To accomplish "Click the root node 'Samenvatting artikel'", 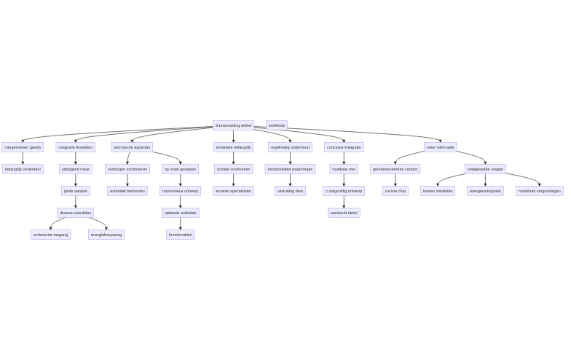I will (x=233, y=125).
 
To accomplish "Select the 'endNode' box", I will (x=277, y=125).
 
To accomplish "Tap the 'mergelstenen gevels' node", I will (x=23, y=147).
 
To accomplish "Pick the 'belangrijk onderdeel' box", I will (x=23, y=169).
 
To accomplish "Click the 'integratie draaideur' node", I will (x=76, y=147).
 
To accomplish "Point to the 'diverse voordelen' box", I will (x=76, y=213).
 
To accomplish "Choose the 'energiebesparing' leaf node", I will (x=106, y=235).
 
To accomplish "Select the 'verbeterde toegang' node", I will (x=50, y=235).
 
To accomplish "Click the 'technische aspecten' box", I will (x=132, y=147).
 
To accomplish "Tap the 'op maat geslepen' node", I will (x=180, y=169).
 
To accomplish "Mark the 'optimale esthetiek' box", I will (x=180, y=213).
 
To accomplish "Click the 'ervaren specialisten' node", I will (x=233, y=191).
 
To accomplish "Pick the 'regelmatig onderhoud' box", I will (x=290, y=147).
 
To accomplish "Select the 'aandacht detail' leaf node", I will (x=344, y=213).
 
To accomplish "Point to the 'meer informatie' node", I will (x=440, y=147).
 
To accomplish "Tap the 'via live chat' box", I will (x=395, y=191).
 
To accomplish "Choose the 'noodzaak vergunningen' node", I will (x=540, y=191).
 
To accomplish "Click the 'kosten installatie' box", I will (x=438, y=191).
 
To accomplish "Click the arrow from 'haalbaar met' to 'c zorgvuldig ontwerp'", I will (x=344, y=180).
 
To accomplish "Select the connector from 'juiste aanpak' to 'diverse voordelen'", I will (x=76, y=202).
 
